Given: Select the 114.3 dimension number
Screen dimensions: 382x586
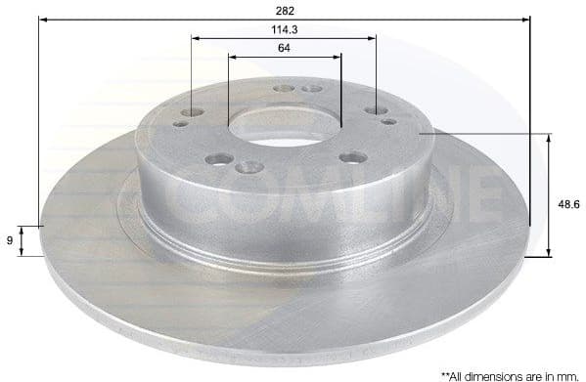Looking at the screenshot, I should (284, 29).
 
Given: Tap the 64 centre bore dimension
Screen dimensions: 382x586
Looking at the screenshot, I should (284, 48).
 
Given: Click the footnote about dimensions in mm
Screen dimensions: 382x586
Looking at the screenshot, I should (508, 373).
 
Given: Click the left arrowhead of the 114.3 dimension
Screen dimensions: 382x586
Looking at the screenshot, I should (196, 39).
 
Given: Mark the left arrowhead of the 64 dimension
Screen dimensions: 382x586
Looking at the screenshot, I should (233, 57).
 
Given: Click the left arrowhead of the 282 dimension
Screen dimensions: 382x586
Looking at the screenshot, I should (43, 18).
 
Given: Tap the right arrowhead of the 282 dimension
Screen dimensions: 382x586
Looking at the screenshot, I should (525, 18).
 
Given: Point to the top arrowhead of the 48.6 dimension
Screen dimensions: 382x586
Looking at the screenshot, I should (547, 138).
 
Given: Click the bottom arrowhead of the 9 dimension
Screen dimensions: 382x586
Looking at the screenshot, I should (41, 251).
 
